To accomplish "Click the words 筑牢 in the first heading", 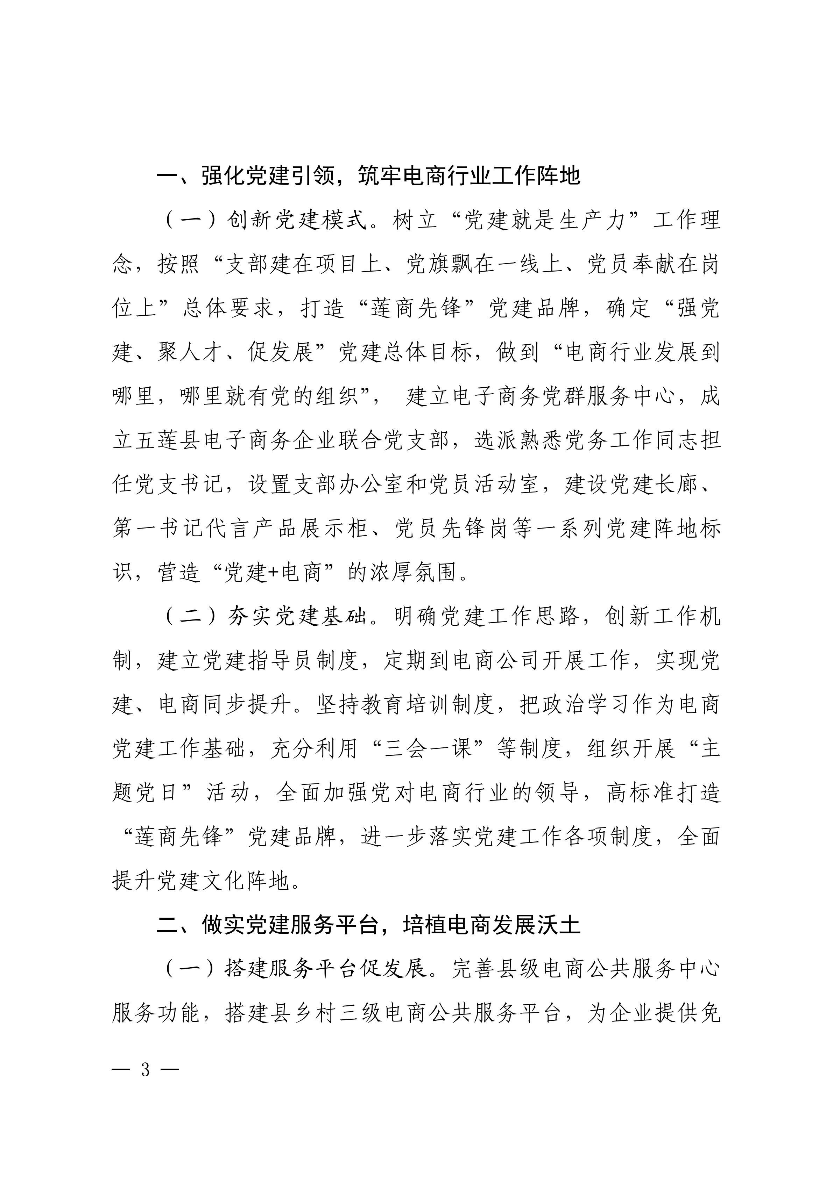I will coord(381,176).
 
